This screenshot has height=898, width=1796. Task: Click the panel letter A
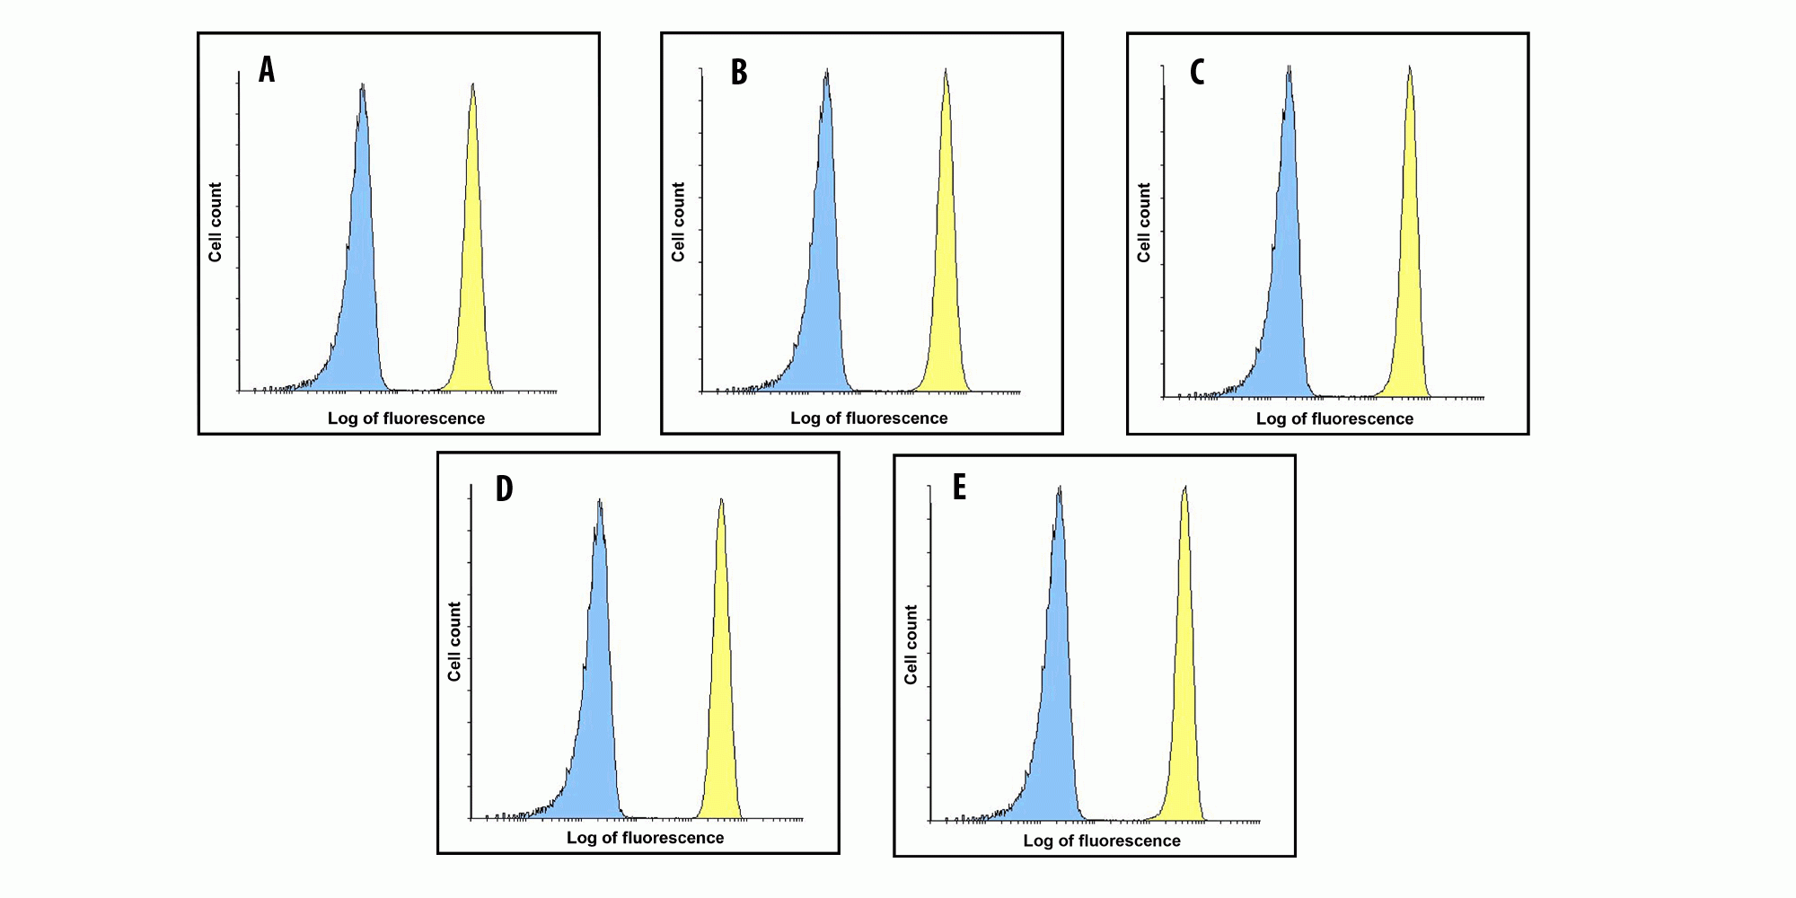(267, 69)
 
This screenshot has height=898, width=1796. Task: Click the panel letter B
(739, 72)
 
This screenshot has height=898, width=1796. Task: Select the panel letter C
(1197, 72)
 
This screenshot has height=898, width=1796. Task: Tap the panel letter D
(505, 489)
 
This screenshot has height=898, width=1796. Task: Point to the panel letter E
(959, 488)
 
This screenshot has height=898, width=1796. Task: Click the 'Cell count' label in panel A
(216, 222)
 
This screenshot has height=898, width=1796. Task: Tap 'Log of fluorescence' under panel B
(868, 418)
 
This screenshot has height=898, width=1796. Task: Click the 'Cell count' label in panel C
(1144, 222)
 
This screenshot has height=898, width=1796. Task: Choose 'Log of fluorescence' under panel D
(645, 838)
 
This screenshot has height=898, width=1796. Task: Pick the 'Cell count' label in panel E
(911, 644)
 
